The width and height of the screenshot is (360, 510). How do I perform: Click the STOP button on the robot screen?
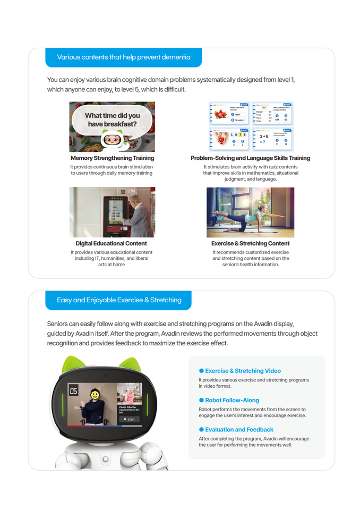tap(129, 419)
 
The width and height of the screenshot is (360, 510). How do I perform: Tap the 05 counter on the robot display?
tap(73, 392)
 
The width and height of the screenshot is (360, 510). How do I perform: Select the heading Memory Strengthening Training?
tap(112, 158)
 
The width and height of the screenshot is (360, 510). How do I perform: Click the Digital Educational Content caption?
tap(111, 243)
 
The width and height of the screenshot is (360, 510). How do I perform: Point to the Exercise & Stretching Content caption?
tap(250, 243)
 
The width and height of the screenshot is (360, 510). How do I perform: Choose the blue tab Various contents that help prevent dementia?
tap(123, 57)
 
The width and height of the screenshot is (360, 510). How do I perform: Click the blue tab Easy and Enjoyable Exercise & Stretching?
tap(119, 300)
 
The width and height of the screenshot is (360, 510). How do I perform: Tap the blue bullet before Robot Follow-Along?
tap(201, 400)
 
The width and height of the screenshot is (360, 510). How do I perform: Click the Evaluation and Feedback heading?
tap(239, 429)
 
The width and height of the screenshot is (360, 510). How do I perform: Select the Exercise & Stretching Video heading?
tap(243, 371)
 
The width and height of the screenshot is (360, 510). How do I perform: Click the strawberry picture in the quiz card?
tap(219, 115)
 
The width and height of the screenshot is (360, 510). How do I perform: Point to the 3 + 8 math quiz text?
tap(264, 137)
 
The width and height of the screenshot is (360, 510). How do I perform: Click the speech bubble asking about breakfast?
tap(112, 120)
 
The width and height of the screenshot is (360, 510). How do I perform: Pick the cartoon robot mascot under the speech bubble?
tap(112, 140)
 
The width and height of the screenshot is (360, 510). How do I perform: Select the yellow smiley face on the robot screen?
tap(93, 395)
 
